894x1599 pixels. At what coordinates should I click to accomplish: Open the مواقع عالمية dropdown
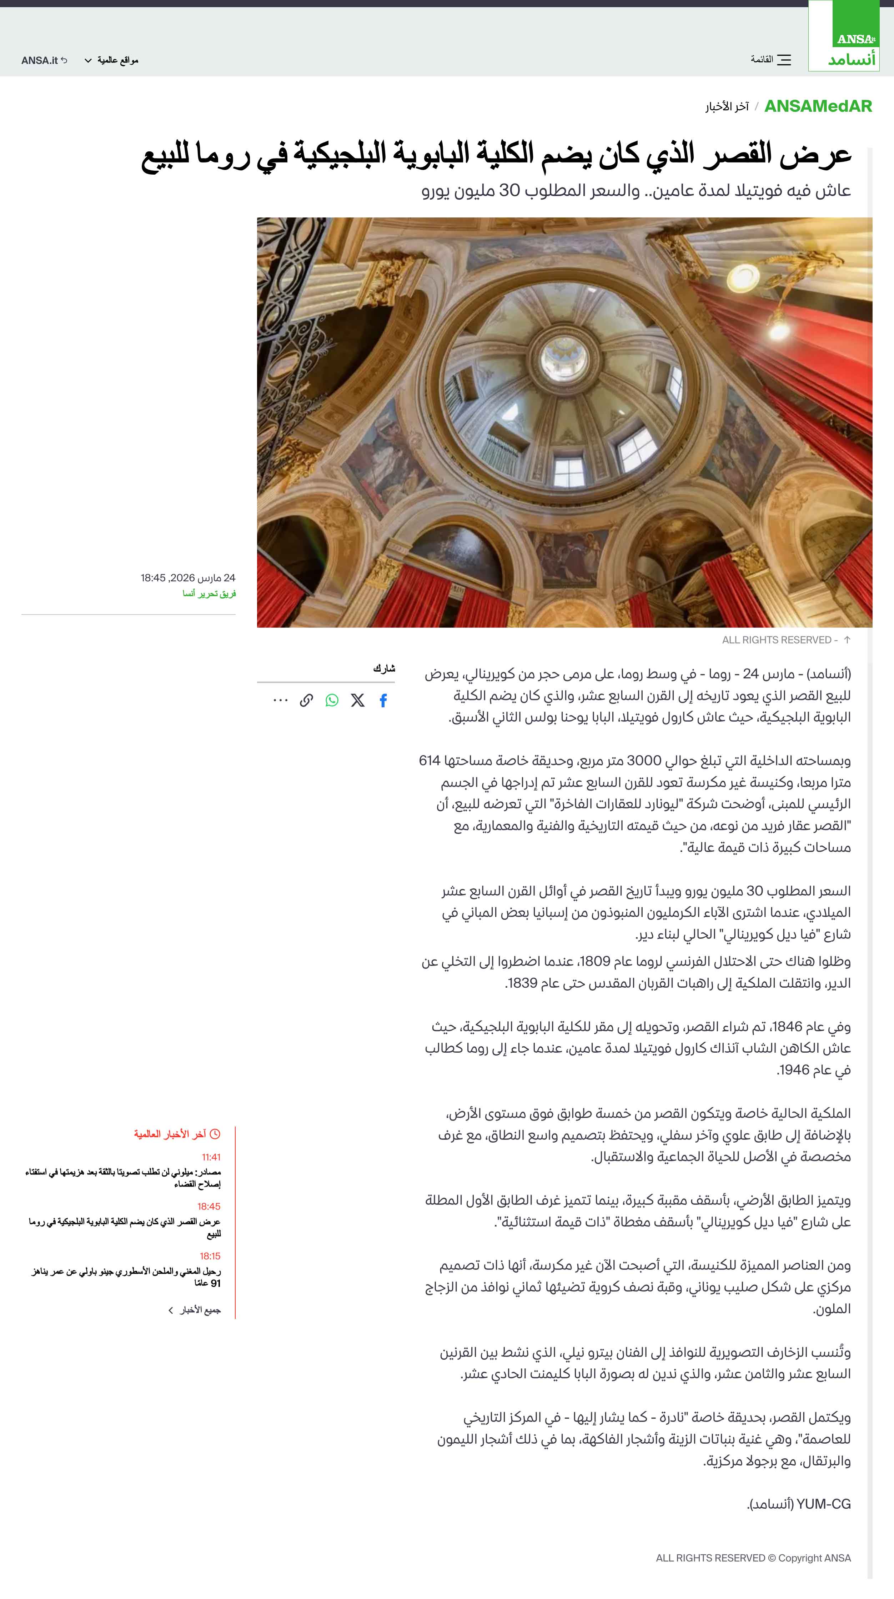tap(112, 60)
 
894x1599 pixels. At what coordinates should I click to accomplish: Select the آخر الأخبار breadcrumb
tap(726, 107)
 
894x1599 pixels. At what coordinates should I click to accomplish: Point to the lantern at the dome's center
tap(563, 358)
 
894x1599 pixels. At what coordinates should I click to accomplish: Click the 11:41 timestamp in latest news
tap(211, 1157)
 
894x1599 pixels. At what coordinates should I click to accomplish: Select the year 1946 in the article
tap(795, 1070)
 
